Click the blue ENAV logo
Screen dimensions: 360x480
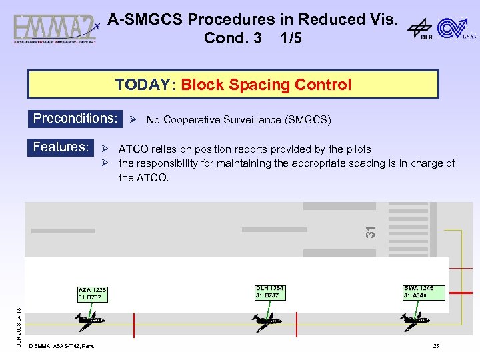(456, 29)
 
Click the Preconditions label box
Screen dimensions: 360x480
(75, 119)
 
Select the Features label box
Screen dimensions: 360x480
(61, 147)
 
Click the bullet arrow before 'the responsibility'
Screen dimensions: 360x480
(105, 163)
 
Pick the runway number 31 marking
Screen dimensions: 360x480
(371, 231)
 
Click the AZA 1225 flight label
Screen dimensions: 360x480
(92, 293)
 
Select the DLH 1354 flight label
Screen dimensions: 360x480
(269, 292)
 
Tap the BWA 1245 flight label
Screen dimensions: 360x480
(418, 292)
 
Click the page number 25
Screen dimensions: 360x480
(435, 345)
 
